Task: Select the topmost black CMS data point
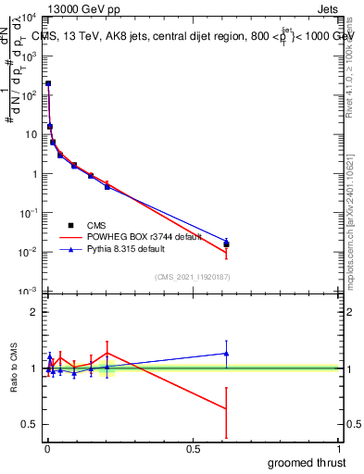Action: point(48,83)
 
